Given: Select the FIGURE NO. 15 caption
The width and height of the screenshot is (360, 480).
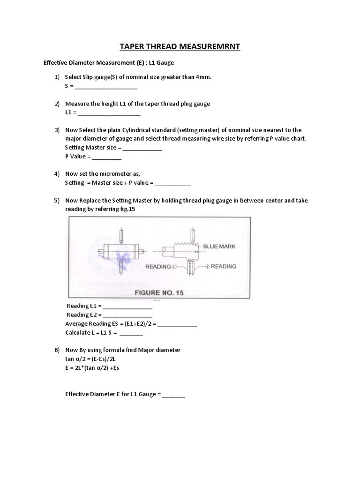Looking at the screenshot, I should tap(159, 292).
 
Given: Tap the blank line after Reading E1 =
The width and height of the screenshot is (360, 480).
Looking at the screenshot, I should tap(127, 307).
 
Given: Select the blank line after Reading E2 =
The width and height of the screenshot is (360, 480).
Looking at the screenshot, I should tap(127, 315).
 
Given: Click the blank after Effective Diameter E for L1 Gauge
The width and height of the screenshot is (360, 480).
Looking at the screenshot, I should tap(174, 395).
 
